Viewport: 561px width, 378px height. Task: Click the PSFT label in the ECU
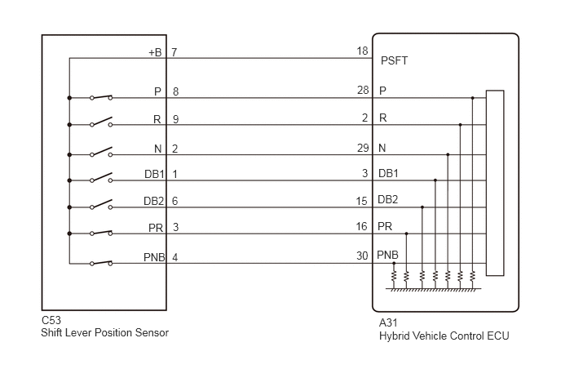tap(394, 60)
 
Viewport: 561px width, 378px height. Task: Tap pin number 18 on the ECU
tap(362, 51)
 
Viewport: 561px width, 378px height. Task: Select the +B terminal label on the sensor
tap(155, 52)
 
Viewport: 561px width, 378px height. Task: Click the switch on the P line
tap(101, 97)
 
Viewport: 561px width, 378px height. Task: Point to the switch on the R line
tap(101, 122)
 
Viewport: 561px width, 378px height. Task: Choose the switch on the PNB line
tap(101, 263)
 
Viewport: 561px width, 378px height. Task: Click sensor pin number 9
tap(175, 119)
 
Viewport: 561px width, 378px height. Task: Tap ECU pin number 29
tap(363, 148)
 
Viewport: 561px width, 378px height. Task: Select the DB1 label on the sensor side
tap(154, 174)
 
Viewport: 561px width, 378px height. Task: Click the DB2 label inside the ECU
tap(388, 199)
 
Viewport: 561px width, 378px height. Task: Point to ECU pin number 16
tap(362, 226)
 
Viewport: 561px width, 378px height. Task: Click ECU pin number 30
tap(362, 256)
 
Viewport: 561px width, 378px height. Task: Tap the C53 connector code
tap(51, 320)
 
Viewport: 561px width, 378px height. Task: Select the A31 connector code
tap(388, 322)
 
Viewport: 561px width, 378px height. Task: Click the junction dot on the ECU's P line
tap(473, 98)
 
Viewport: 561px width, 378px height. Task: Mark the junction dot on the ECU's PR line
tap(406, 233)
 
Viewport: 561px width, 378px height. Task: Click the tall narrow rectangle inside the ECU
tap(495, 183)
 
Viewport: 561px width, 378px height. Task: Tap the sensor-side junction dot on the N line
tap(69, 155)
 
